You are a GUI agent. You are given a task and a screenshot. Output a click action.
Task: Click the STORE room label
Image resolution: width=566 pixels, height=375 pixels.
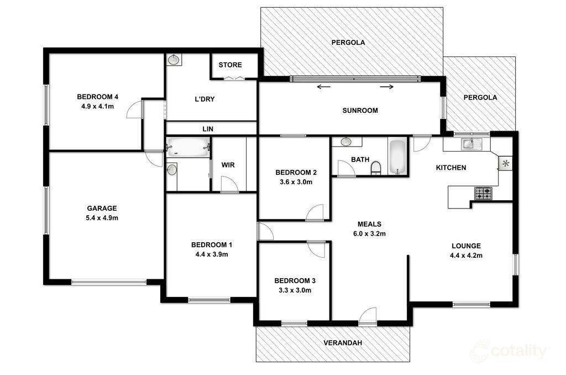[x=230, y=65]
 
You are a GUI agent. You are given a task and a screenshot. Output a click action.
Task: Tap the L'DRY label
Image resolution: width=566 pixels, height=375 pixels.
[x=205, y=99]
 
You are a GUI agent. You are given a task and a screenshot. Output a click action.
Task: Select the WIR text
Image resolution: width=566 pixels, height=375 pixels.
[x=228, y=165]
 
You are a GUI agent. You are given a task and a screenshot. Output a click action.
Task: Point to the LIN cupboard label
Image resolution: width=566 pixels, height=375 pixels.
[x=208, y=129]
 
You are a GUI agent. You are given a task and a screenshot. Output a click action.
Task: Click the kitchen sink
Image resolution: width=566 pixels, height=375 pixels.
[x=469, y=144]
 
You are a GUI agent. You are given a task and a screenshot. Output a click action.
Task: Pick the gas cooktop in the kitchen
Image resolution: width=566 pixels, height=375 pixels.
[x=483, y=193]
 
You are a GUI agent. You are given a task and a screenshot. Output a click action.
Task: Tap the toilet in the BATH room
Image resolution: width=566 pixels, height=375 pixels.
[x=376, y=168]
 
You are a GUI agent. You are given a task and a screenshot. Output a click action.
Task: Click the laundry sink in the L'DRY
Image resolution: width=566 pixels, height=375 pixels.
[x=174, y=60]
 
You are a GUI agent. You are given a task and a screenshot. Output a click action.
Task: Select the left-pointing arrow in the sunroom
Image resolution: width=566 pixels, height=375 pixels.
[x=324, y=87]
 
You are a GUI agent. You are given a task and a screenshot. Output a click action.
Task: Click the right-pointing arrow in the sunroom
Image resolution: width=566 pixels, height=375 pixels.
[x=386, y=87]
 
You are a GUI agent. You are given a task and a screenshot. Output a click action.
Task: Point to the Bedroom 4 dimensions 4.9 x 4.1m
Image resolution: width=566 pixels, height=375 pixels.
[x=97, y=107]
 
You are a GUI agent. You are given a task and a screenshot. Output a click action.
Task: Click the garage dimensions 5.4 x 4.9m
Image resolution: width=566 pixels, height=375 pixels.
[x=102, y=218]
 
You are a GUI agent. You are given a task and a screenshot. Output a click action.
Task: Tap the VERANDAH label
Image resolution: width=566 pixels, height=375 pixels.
[x=343, y=343]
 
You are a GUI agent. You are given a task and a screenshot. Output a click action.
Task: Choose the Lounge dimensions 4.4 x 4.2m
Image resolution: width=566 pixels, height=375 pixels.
[x=466, y=256]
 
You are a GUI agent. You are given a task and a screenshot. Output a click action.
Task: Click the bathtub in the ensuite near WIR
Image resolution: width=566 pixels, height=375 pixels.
[x=188, y=147]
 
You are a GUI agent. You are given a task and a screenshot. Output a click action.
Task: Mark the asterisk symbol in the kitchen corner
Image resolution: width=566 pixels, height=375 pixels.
[x=506, y=163]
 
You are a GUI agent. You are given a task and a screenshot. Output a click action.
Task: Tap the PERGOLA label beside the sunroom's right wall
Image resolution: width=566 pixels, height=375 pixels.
[x=480, y=97]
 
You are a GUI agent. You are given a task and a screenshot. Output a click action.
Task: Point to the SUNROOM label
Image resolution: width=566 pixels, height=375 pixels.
[x=360, y=111]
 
